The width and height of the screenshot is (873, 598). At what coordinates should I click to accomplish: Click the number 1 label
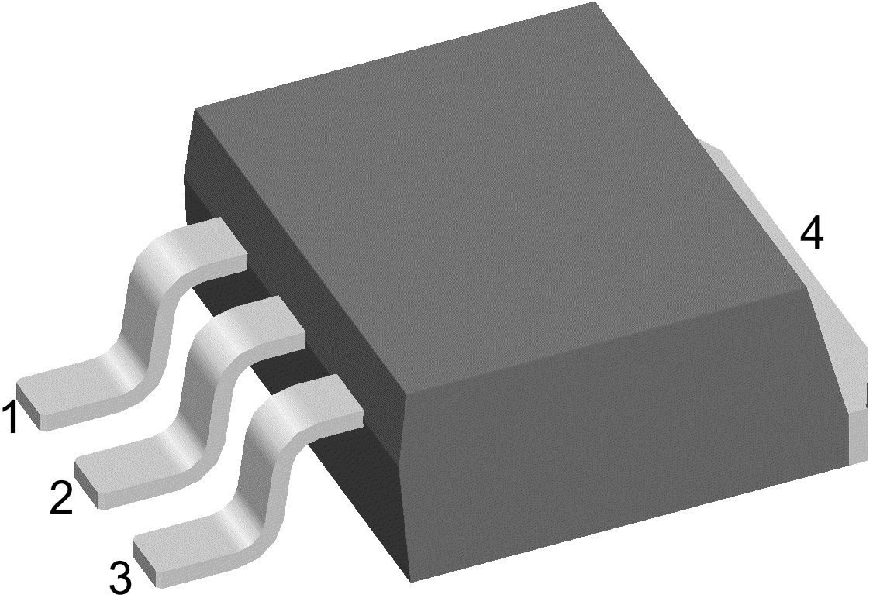pos(9,418)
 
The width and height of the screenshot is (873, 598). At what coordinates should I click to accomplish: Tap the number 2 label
pos(62,497)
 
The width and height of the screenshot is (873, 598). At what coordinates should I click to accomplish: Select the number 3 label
pos(120,577)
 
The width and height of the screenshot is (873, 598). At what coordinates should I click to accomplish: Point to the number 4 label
pos(811,234)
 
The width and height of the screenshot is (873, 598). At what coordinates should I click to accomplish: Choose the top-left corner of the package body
pos(195,110)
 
